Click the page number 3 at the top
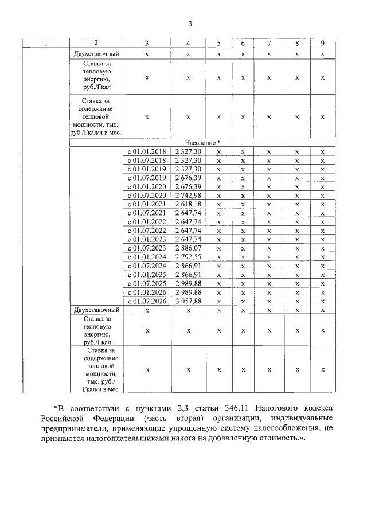tap(190, 24)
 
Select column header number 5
tap(218, 44)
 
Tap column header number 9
tap(323, 44)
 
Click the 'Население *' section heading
tap(202, 142)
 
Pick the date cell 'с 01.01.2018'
tap(146, 151)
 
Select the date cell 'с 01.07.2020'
tap(146, 196)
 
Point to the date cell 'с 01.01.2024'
tap(146, 257)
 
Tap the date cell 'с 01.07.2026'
tap(146, 301)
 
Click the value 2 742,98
tap(188, 196)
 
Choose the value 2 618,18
tap(188, 204)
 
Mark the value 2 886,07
tap(188, 248)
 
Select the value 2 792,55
tap(188, 257)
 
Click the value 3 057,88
tap(188, 301)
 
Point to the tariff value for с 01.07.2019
tap(188, 178)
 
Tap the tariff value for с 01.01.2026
tap(188, 292)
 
